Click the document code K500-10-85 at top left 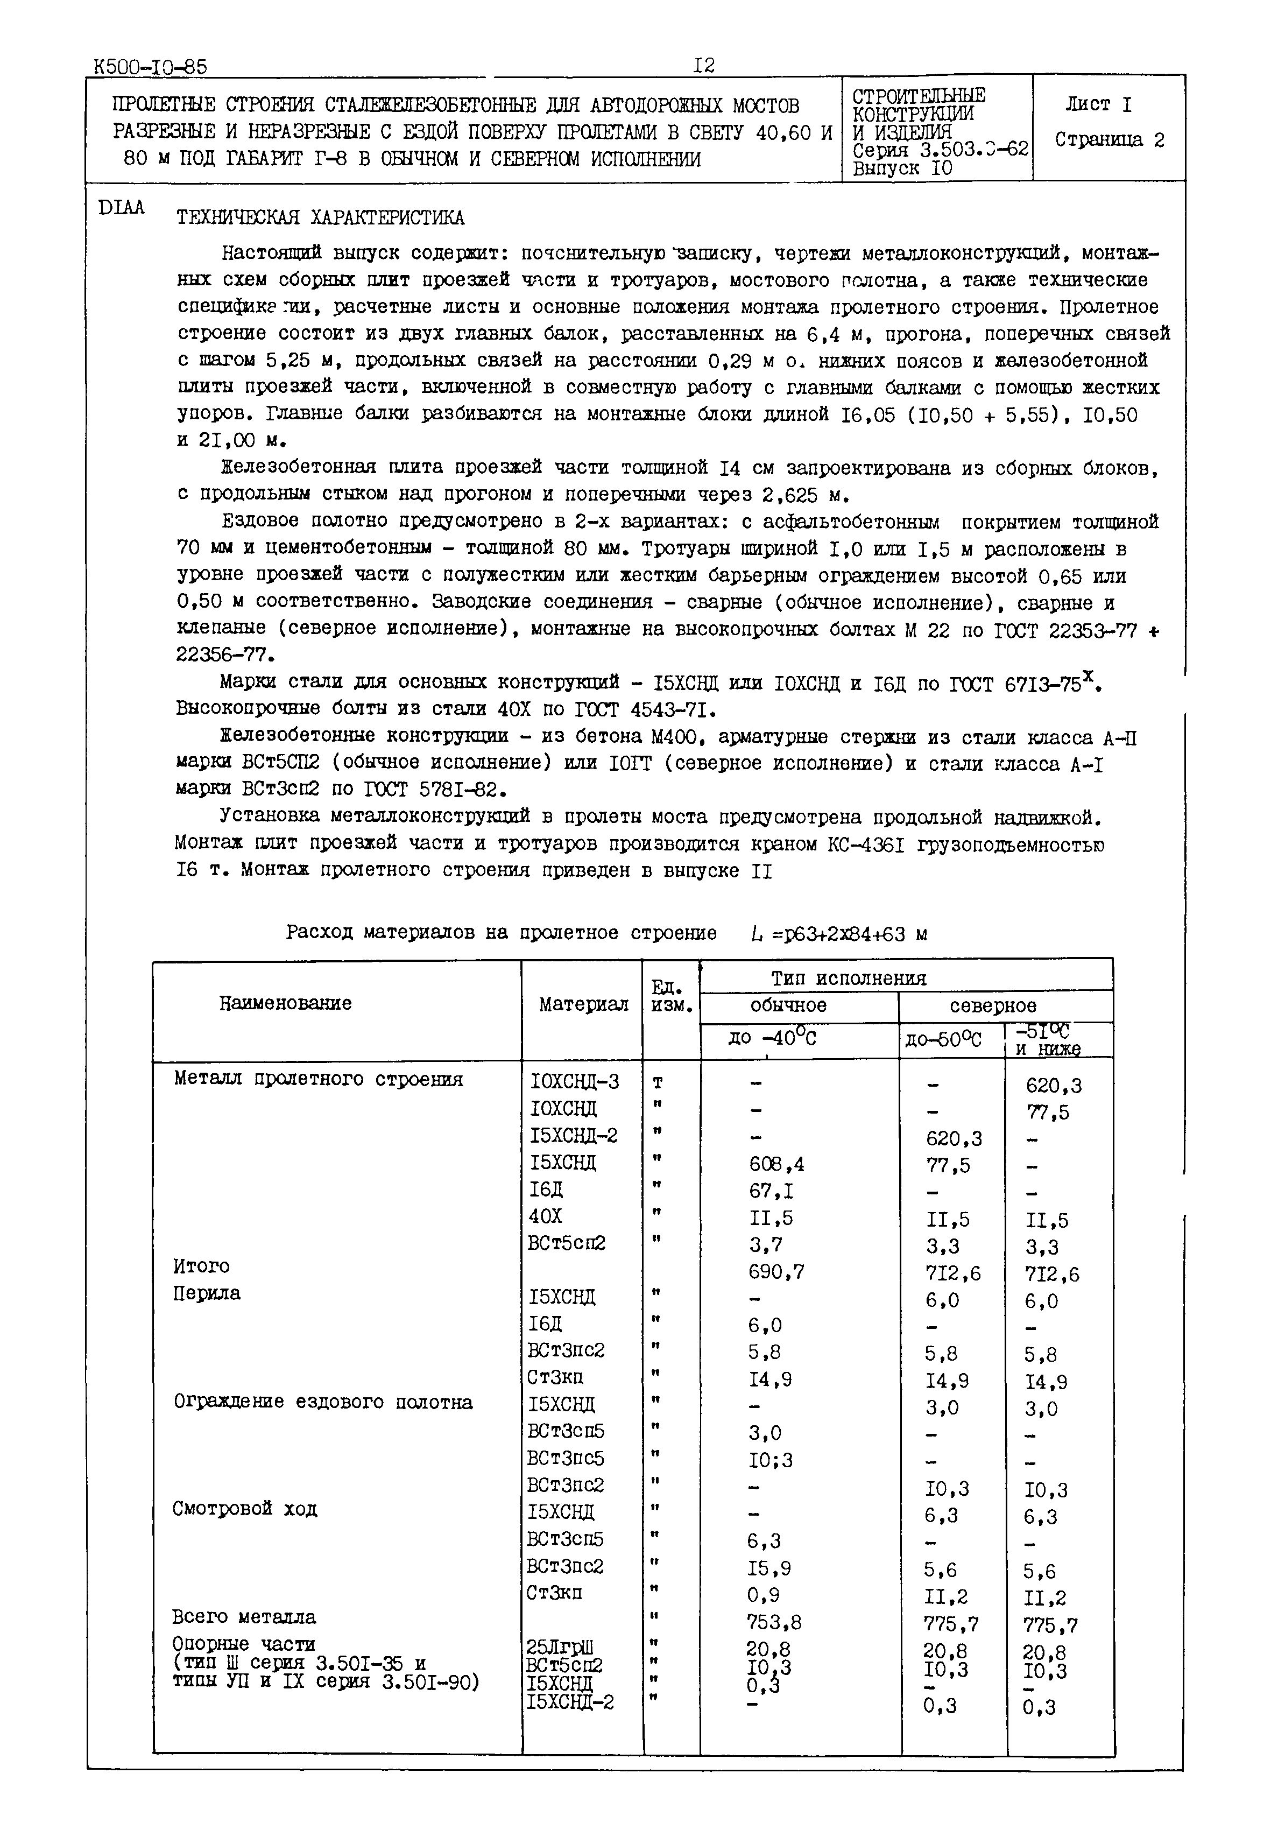point(150,67)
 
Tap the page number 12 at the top point(703,65)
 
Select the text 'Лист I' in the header point(1098,104)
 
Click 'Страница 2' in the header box point(1110,140)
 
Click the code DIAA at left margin point(121,208)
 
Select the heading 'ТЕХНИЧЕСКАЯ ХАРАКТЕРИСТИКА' point(320,217)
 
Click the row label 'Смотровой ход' point(244,1509)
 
